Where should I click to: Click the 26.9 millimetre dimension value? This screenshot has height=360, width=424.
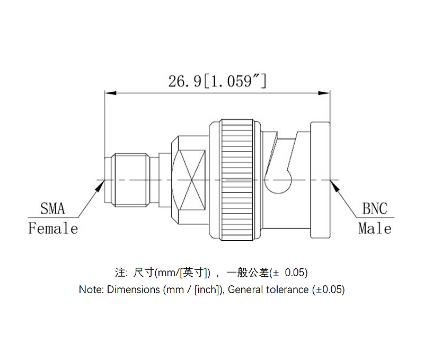click(185, 82)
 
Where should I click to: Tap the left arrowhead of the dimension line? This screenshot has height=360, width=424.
click(110, 93)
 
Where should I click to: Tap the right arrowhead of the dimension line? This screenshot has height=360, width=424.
click(324, 93)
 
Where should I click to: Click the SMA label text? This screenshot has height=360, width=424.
click(52, 208)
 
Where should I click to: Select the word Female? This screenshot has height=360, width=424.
click(54, 228)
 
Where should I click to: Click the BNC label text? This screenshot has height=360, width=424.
click(375, 208)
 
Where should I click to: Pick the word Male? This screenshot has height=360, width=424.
click(375, 228)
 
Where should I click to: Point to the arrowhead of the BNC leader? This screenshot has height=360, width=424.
click(335, 186)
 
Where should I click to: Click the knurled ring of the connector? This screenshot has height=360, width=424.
click(237, 180)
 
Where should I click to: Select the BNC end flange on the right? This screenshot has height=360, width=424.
click(320, 180)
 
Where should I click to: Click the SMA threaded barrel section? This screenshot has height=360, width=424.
click(132, 180)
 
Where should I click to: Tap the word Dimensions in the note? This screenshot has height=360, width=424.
click(134, 289)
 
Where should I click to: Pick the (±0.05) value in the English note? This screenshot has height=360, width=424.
click(328, 289)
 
